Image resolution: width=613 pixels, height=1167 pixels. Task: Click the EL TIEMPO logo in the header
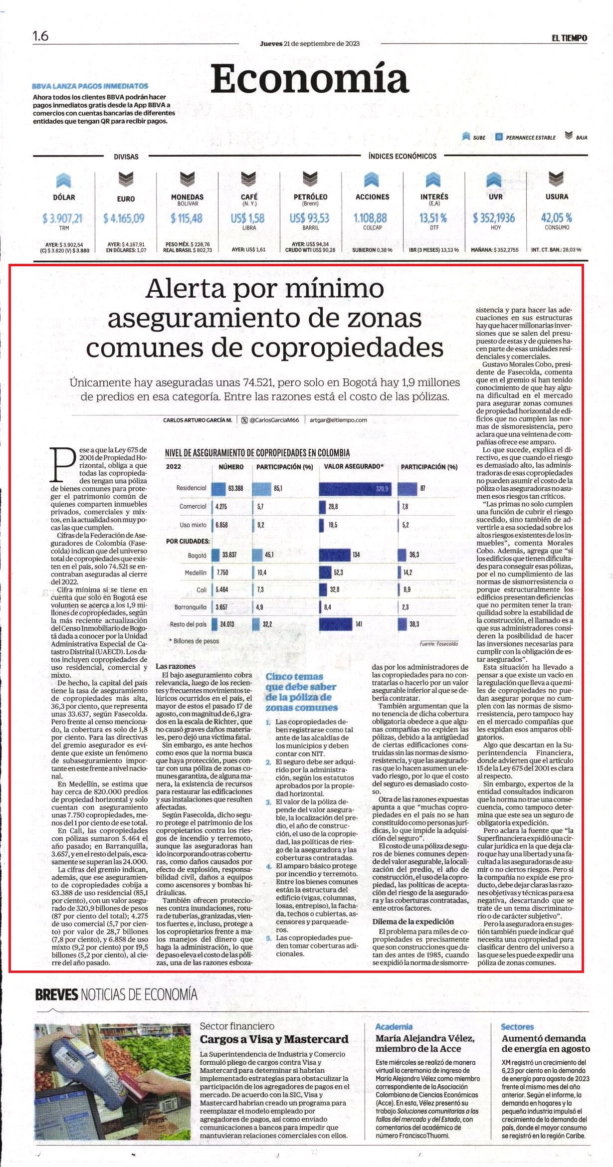[569, 38]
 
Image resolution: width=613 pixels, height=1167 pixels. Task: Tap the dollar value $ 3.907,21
[63, 218]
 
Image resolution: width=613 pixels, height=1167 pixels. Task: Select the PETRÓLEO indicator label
[310, 196]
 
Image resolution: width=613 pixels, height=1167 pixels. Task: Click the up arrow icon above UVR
[494, 180]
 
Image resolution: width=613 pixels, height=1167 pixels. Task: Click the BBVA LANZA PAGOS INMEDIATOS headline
[90, 86]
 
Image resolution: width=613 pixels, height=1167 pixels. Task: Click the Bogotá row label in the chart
[197, 555]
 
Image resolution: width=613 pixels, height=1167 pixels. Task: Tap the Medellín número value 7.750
[222, 572]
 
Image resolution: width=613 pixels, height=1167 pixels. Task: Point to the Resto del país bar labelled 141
[336, 624]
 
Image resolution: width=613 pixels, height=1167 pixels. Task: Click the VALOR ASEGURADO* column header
[354, 467]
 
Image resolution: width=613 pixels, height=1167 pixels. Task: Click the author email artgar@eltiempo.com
[338, 420]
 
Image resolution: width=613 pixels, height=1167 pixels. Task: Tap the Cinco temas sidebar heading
[301, 691]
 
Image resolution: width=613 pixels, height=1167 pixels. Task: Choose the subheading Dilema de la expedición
[413, 921]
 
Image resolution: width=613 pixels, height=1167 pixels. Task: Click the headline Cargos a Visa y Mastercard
[274, 1039]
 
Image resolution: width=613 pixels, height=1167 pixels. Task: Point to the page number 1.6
[40, 36]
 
